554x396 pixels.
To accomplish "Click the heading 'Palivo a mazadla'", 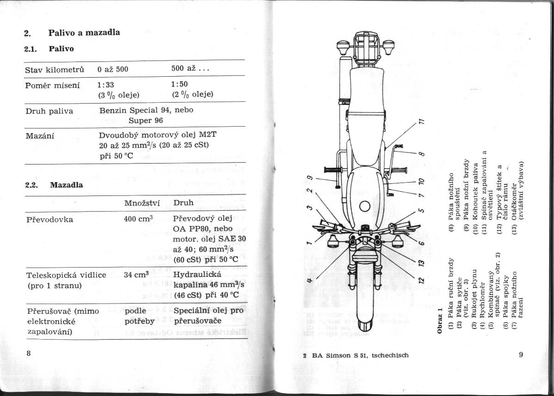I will tap(84, 33).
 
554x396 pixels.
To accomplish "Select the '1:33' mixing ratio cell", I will tap(106, 84).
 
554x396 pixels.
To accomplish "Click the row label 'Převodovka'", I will tap(50, 219).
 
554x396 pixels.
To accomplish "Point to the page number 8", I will tap(29, 353).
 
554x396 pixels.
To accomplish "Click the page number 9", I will tap(521, 355).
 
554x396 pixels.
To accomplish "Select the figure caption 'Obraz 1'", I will tap(440, 321).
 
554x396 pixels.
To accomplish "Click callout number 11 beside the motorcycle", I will tap(421, 122).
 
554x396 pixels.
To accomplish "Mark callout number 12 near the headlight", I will tap(421, 280).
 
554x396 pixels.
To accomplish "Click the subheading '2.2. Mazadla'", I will tap(54, 185).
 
